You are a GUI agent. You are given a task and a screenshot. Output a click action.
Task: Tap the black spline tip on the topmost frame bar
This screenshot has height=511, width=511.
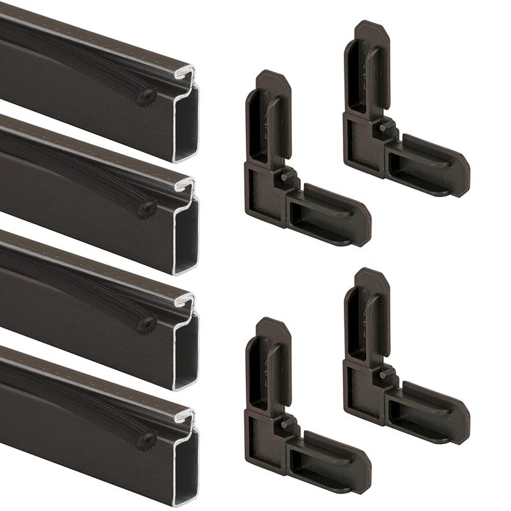(x=148, y=93)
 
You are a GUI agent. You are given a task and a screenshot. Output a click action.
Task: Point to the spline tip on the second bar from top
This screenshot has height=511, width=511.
(x=148, y=207)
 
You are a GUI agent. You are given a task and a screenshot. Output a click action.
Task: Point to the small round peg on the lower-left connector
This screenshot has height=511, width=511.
(x=282, y=423)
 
